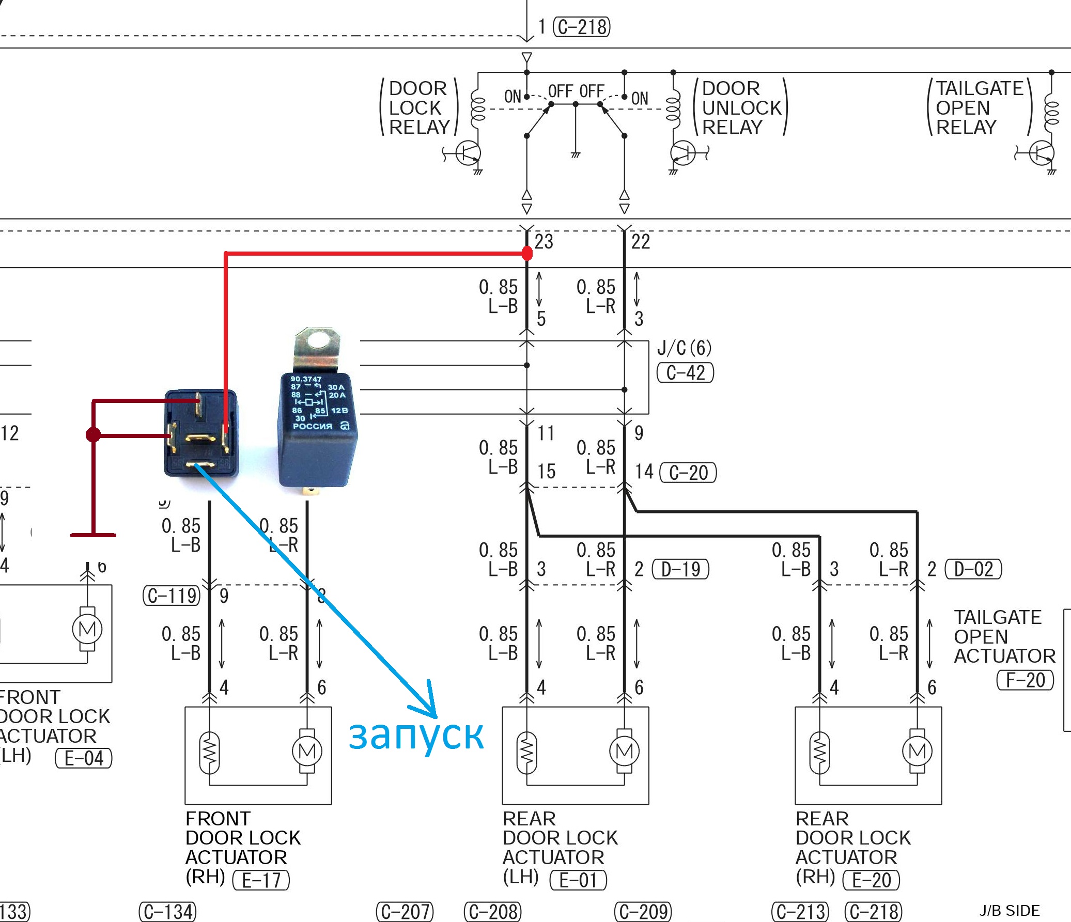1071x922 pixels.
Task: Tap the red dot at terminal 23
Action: (526, 253)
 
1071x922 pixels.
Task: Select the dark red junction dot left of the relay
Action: (93, 434)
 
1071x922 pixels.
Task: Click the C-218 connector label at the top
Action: (582, 27)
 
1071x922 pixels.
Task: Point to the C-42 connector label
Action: (685, 372)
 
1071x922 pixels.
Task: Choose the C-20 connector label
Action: (688, 473)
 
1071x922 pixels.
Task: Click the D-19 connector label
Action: (681, 569)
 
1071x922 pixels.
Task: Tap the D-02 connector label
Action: (973, 569)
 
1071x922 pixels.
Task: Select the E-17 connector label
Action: (261, 880)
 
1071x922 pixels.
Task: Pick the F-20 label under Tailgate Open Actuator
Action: (1026, 680)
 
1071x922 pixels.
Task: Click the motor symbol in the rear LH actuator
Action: (625, 751)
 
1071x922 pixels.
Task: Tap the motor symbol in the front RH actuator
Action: (307, 751)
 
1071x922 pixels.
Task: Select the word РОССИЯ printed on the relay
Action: (312, 426)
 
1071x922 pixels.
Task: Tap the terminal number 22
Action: (641, 241)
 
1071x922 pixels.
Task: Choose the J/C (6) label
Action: (685, 348)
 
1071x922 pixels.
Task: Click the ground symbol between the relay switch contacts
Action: (576, 154)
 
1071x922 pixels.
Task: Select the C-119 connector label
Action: (171, 596)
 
